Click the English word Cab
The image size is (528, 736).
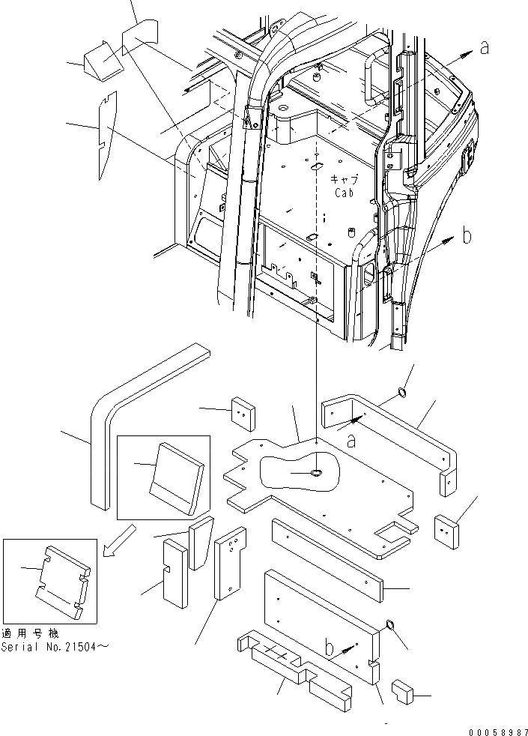pos(345,192)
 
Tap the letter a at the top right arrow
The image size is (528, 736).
pos(485,48)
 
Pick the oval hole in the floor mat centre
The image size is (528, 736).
pos(315,474)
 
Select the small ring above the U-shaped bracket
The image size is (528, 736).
pos(402,392)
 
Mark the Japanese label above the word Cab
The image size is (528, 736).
pos(345,180)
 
